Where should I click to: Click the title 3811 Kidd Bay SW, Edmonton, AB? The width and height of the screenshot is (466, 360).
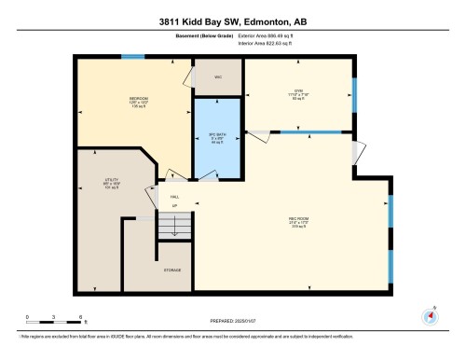pos(232,21)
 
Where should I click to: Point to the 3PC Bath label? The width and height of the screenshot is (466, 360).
pos(216,138)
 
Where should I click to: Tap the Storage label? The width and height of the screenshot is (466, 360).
pos(173,270)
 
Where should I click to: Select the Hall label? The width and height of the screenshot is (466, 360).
pos(174,198)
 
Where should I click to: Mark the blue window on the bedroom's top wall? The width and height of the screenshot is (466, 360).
pos(133,57)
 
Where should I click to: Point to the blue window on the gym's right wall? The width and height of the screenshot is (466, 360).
pos(354,93)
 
